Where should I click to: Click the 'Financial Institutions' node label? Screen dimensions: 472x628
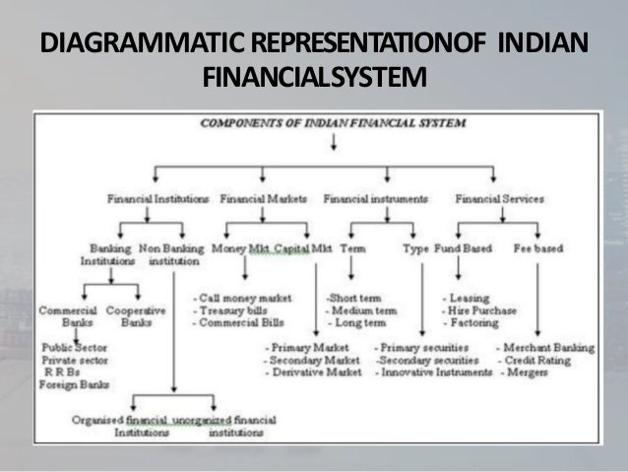tap(157, 198)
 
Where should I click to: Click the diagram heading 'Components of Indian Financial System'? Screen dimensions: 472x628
tap(334, 123)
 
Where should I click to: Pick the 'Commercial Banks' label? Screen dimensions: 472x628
tap(68, 317)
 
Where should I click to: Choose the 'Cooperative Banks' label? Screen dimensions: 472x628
tap(128, 317)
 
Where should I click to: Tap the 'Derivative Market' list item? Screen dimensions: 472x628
tap(313, 373)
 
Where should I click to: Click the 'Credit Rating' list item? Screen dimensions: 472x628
tap(540, 361)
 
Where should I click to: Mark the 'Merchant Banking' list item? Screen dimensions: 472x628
tap(546, 348)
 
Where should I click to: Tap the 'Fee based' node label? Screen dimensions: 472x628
tap(538, 249)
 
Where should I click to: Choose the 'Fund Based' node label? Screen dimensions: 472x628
tap(464, 249)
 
